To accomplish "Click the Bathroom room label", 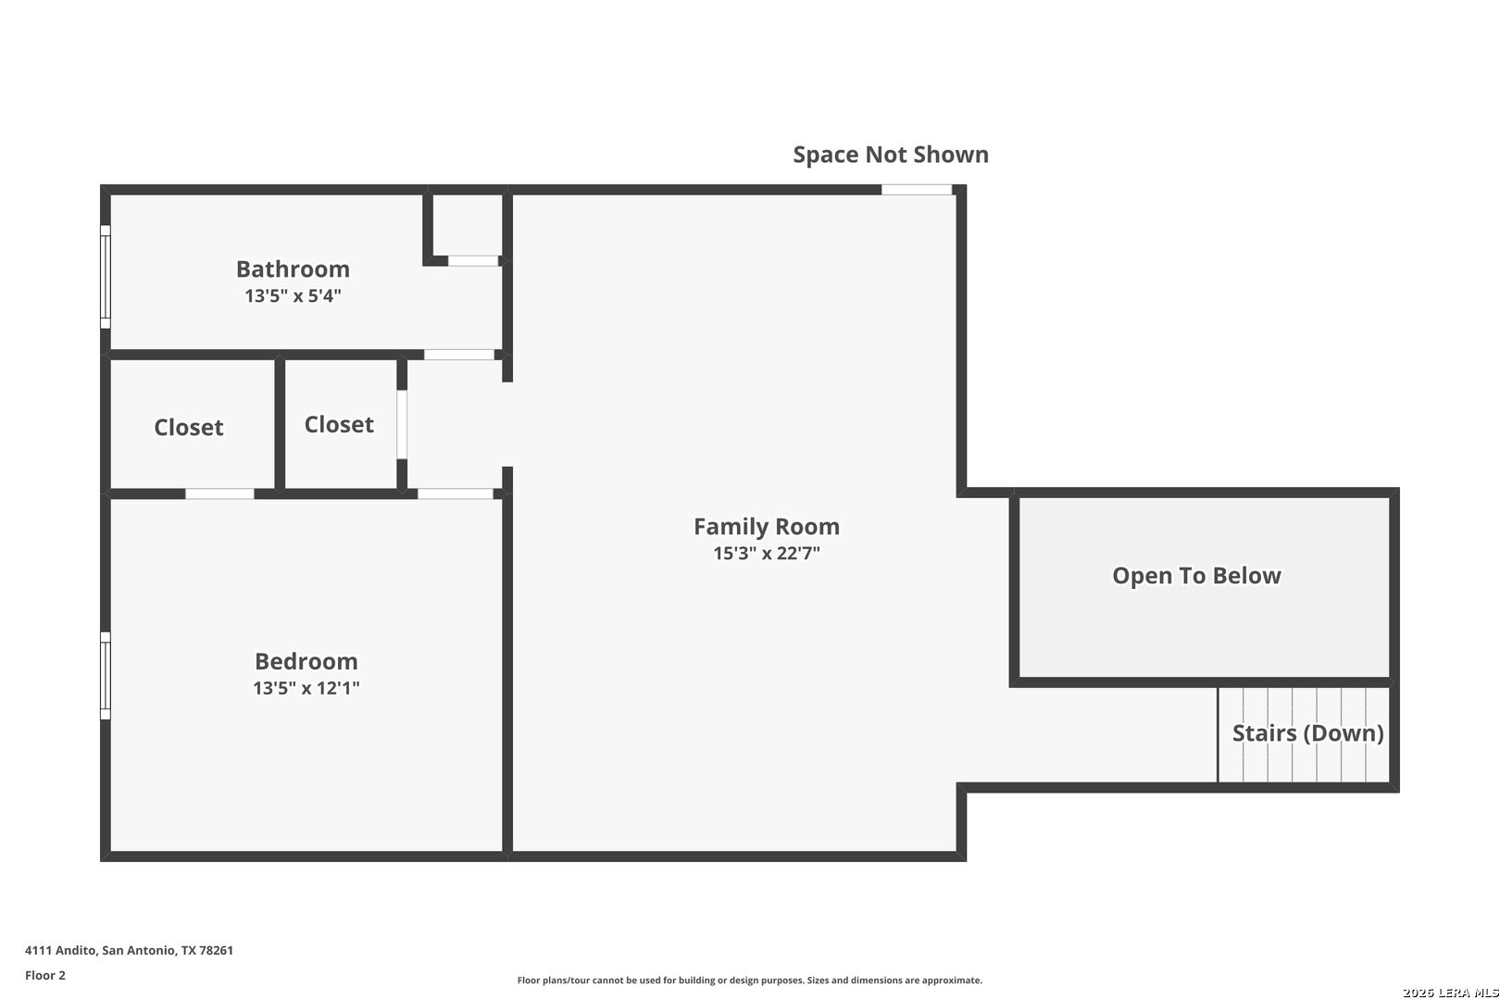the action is click(x=293, y=269).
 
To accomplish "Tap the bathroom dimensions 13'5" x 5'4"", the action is click(x=293, y=296).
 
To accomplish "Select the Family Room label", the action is click(x=767, y=527).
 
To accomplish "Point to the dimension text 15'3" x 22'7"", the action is click(x=767, y=554).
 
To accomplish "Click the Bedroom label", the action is click(x=306, y=662).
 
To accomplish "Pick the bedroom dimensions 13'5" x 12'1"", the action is click(x=306, y=689).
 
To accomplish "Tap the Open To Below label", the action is click(x=1196, y=576).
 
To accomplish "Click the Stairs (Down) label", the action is click(x=1307, y=733).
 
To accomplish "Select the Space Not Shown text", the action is click(x=891, y=155).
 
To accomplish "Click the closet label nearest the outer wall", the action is click(x=189, y=428).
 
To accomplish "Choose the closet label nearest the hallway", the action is click(x=339, y=425).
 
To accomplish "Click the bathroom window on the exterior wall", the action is click(x=106, y=277).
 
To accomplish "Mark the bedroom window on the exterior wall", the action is click(x=106, y=676).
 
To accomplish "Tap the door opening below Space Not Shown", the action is click(x=917, y=190).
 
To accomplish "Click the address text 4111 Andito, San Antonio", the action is click(x=130, y=950).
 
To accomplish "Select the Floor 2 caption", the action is click(x=45, y=975).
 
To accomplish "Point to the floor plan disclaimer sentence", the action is click(x=749, y=981).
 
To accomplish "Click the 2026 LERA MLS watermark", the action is click(x=1450, y=993).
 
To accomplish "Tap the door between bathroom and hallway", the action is click(x=459, y=355).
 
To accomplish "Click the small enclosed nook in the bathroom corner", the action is click(x=468, y=225).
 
